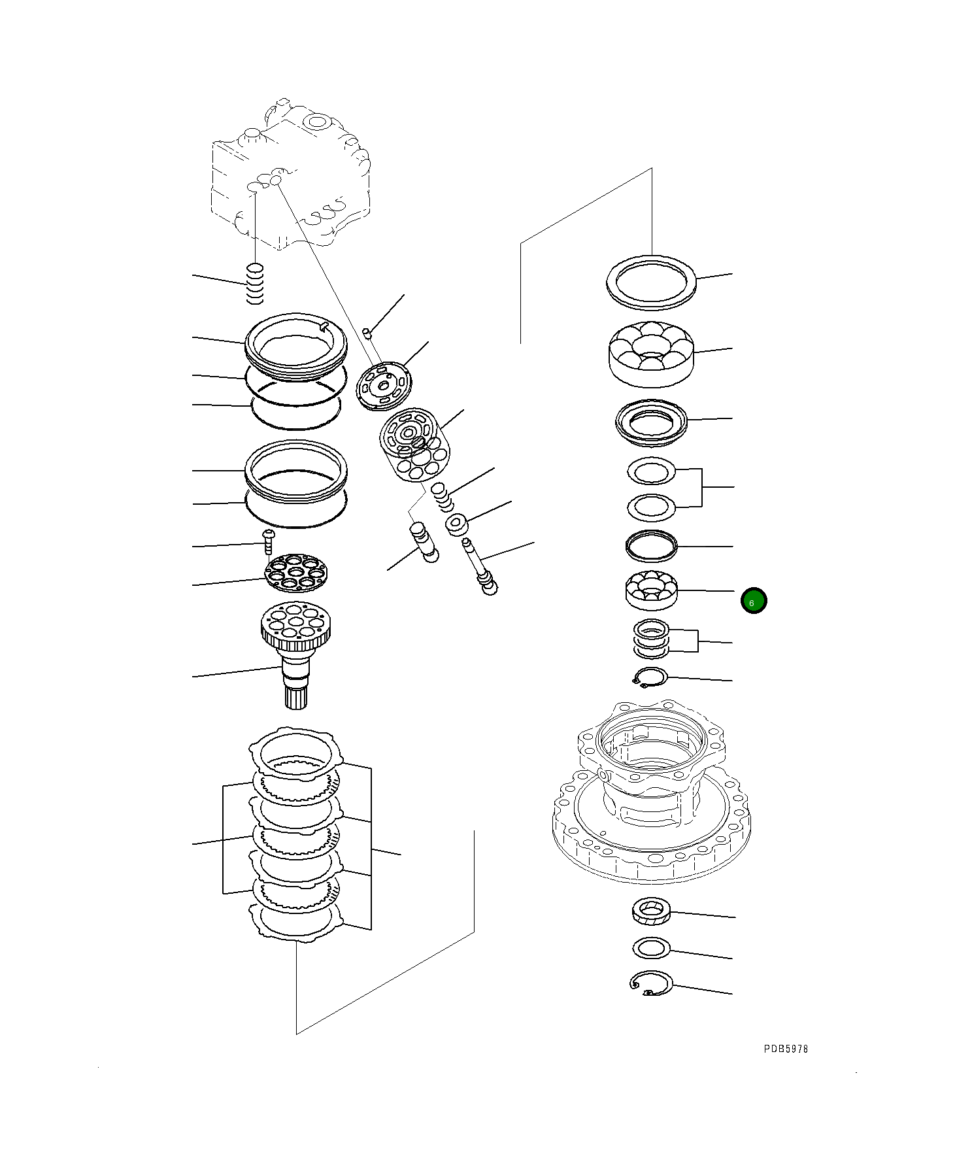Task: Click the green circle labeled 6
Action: point(753,601)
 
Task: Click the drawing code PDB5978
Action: point(786,1049)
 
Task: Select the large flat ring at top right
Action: point(651,282)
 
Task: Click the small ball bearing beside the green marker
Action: point(651,590)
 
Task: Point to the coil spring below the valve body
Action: point(255,284)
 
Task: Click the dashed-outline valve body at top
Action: point(291,175)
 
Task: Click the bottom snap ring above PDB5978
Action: point(650,983)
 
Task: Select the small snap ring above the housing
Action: point(650,677)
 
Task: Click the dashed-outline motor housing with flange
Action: point(651,791)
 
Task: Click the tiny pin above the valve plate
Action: point(367,333)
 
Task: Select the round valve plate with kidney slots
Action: point(384,386)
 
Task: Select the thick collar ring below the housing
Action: point(651,911)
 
